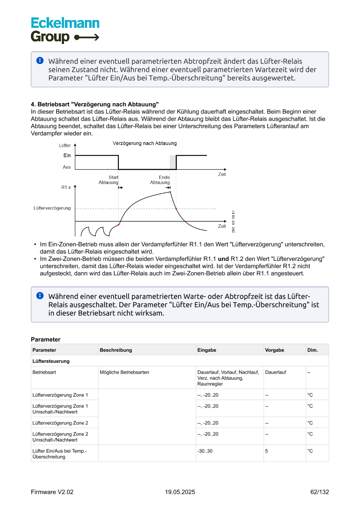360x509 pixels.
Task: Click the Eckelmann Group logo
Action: coord(65,30)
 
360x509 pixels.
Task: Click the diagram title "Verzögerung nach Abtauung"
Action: coord(145,143)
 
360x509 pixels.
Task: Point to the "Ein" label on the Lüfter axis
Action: coord(67,155)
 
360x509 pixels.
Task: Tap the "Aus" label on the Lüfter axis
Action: coord(67,167)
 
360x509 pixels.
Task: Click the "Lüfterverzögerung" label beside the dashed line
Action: coord(52,208)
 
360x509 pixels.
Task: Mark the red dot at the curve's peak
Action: coord(170,192)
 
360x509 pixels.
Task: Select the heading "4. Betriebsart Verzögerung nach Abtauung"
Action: coord(95,104)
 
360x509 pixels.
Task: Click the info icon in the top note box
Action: coord(40,61)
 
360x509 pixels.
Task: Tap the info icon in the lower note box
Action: coord(40,295)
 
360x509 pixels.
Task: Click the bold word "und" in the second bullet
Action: coord(223,259)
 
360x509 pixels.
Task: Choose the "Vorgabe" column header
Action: coord(274,350)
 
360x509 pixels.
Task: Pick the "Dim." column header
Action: coord(313,350)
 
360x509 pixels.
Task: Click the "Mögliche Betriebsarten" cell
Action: coord(124,372)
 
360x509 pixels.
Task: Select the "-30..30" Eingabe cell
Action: coord(205,451)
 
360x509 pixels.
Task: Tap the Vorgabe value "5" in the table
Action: coord(266,451)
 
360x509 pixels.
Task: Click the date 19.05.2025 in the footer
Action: coord(180,492)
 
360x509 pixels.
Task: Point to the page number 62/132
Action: coord(320,492)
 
